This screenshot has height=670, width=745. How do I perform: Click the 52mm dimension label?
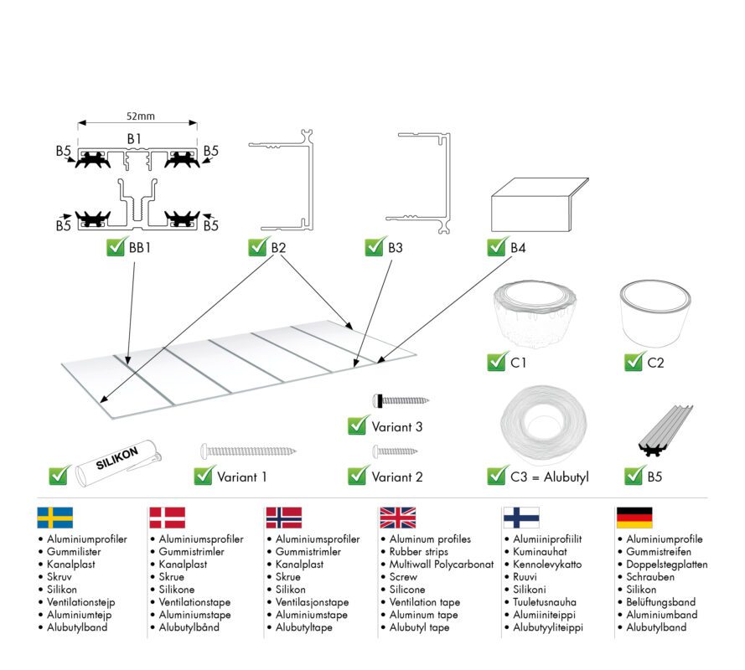point(139,118)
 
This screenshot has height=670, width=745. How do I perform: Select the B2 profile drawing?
point(285,179)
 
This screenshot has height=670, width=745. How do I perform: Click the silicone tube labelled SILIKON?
point(117,463)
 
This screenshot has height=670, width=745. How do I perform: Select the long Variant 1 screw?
point(249,451)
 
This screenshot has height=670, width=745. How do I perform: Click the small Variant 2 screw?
point(395,451)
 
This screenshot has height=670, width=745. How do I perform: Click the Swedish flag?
point(55,517)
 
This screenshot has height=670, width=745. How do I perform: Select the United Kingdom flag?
point(397,517)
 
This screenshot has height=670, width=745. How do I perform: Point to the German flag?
point(634,517)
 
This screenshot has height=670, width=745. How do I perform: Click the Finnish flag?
point(520,517)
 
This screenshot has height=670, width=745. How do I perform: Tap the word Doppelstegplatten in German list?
point(666,564)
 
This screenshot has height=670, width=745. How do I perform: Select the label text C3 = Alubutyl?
point(549,477)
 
